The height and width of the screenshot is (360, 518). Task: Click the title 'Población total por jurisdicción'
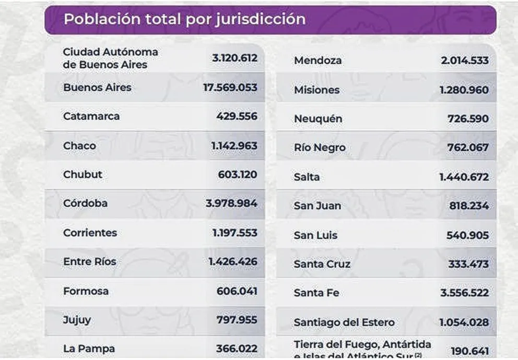pyautogui.click(x=184, y=19)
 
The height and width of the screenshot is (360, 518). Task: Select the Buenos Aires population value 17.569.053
pyautogui.click(x=230, y=88)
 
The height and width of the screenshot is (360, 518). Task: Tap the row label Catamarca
pyautogui.click(x=91, y=116)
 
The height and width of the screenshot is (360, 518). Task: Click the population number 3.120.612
pyautogui.click(x=234, y=58)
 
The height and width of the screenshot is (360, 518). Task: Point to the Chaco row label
pyautogui.click(x=79, y=146)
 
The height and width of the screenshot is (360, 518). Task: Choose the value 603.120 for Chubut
pyautogui.click(x=238, y=175)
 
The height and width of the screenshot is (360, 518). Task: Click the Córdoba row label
pyautogui.click(x=85, y=203)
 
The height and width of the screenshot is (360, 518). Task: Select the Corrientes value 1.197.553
pyautogui.click(x=234, y=233)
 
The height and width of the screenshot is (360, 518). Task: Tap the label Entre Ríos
pyautogui.click(x=90, y=262)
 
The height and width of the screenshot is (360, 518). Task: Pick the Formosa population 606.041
pyautogui.click(x=238, y=291)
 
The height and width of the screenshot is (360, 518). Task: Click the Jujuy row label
pyautogui.click(x=77, y=320)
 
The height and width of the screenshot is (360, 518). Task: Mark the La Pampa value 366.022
pyautogui.click(x=237, y=349)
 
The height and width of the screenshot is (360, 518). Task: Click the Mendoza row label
pyautogui.click(x=318, y=61)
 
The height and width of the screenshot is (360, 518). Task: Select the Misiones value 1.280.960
pyautogui.click(x=464, y=90)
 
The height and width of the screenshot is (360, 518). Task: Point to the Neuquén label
pyautogui.click(x=318, y=119)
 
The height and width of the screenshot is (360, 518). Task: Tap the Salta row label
pyautogui.click(x=307, y=177)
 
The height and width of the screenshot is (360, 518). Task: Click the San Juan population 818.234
pyautogui.click(x=469, y=206)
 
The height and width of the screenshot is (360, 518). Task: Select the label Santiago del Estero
pyautogui.click(x=344, y=322)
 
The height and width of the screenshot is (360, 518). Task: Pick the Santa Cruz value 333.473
pyautogui.click(x=468, y=265)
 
